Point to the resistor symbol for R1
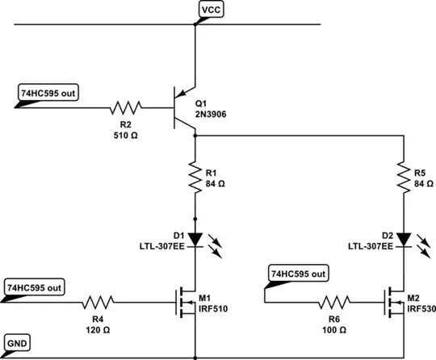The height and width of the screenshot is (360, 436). [195, 178]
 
